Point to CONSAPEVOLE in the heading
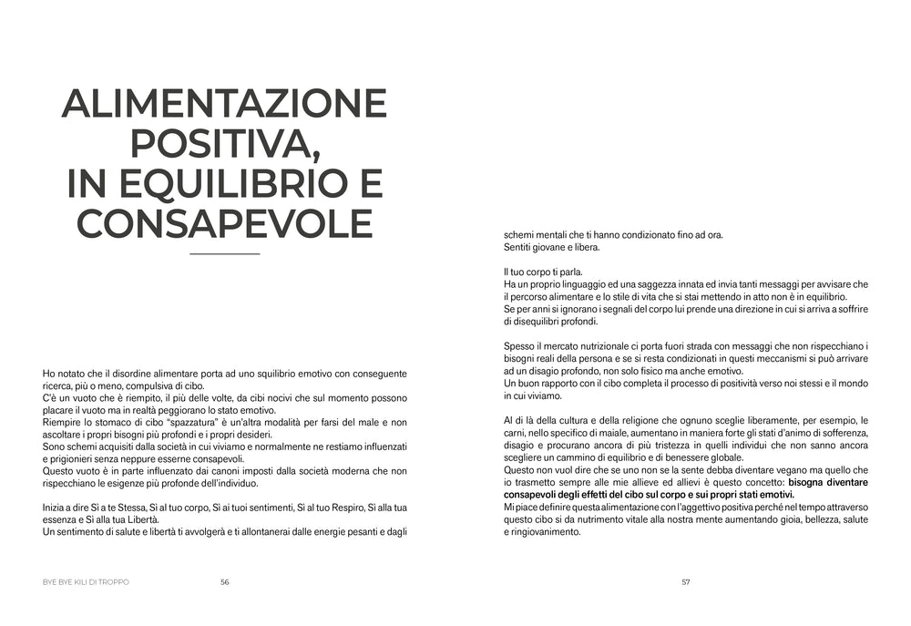224,223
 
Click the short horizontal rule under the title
224,253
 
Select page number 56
224,583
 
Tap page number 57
686,583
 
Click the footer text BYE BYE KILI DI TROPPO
86,583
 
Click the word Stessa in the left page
134,506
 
